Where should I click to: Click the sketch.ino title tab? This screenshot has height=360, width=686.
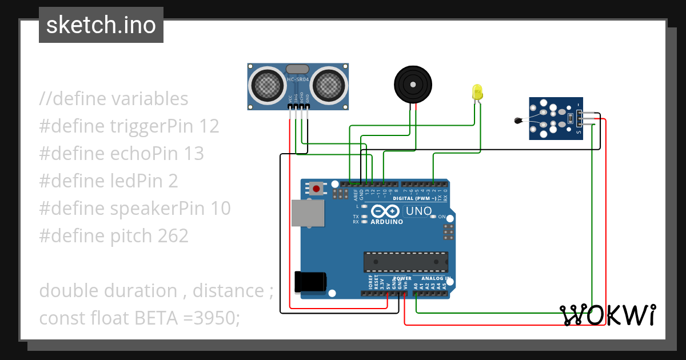pyautogui.click(x=101, y=25)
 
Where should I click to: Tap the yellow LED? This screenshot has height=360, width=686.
pyautogui.click(x=477, y=92)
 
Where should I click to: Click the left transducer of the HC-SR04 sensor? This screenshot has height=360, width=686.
pyautogui.click(x=267, y=85)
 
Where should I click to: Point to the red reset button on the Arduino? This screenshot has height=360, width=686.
pyautogui.click(x=316, y=188)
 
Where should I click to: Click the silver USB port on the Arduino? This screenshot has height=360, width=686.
pyautogui.click(x=307, y=214)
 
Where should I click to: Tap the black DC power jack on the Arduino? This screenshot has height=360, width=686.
pyautogui.click(x=309, y=282)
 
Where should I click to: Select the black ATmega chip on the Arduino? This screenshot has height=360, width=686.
pyautogui.click(x=405, y=261)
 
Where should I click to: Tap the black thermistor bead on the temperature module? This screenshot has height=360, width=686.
pyautogui.click(x=518, y=120)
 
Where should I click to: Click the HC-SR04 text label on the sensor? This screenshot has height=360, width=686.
pyautogui.click(x=297, y=79)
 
